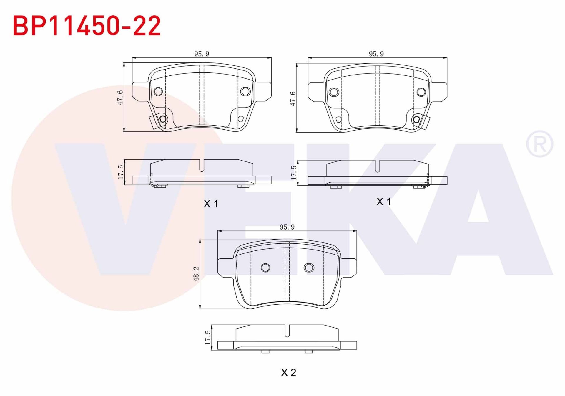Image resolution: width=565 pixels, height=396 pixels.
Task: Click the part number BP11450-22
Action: [87, 26]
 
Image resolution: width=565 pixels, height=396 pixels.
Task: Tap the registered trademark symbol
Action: [539, 144]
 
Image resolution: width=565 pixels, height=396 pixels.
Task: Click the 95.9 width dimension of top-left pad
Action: [202, 54]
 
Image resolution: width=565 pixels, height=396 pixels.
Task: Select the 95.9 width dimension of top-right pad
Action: [376, 54]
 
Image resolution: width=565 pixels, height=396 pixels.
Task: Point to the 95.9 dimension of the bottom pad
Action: [287, 227]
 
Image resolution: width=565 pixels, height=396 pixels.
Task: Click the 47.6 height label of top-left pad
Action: [120, 98]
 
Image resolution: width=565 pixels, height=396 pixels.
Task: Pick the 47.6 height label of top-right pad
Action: [293, 98]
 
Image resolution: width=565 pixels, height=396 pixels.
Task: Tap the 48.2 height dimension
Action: [196, 274]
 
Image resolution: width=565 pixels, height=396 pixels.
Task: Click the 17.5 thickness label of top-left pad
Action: [121, 172]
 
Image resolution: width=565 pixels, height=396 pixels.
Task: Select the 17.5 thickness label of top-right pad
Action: [294, 173]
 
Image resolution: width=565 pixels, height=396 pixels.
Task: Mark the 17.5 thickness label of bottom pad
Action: [208, 337]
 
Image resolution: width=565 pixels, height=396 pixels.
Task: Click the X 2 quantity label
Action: [288, 373]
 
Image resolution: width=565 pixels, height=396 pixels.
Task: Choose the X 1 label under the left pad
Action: [211, 204]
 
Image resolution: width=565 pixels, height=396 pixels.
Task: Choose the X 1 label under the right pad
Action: [384, 202]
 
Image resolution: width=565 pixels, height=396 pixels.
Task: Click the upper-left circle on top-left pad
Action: [158, 91]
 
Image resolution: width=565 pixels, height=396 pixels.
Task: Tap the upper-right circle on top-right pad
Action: [421, 92]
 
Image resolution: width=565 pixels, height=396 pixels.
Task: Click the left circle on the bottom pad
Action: [265, 268]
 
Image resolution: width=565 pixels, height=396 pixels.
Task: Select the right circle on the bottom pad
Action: [309, 268]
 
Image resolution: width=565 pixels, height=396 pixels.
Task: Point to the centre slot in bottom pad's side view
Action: [287, 331]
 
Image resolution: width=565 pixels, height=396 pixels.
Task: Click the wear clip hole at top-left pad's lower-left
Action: [163, 119]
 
